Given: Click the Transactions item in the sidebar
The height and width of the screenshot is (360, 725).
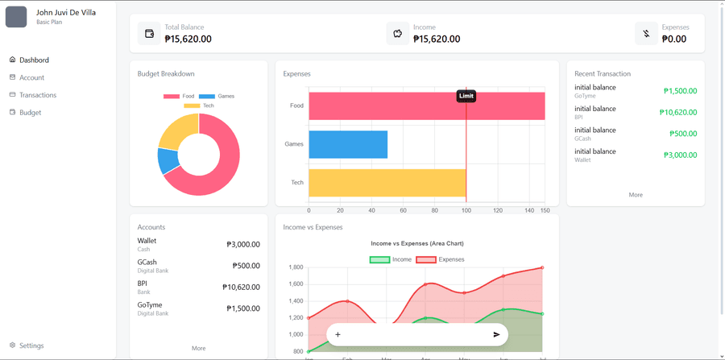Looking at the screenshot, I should [37, 95].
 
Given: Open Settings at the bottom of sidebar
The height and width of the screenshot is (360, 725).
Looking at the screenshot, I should [31, 346].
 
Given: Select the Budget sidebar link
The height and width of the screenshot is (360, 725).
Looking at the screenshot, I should [30, 113].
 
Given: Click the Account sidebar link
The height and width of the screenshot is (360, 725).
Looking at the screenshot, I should [31, 77].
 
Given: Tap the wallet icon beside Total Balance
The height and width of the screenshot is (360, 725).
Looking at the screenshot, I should [149, 34].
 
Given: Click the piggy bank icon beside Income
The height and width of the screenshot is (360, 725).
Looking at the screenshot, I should [397, 34].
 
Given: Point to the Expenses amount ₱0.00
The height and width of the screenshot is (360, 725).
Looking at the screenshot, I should [673, 39].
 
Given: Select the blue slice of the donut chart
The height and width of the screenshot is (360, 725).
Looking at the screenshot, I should [168, 161].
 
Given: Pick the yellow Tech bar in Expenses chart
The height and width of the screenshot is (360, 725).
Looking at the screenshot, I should [387, 183].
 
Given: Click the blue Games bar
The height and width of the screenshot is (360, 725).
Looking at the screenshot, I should [348, 144].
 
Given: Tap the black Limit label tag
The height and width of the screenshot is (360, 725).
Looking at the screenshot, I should [466, 96].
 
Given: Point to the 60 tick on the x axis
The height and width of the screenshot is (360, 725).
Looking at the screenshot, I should [403, 210].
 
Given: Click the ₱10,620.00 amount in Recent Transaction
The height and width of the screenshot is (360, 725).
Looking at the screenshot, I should [677, 113].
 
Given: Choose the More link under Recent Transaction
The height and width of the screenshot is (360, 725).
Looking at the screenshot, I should [635, 195].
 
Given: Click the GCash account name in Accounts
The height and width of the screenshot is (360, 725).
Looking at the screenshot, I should [147, 263].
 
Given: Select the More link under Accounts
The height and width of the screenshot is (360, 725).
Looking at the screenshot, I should [198, 348].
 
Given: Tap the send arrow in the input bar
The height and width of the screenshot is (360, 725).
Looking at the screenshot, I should [496, 334].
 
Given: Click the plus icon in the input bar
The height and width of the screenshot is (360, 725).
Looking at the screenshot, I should [338, 334].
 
